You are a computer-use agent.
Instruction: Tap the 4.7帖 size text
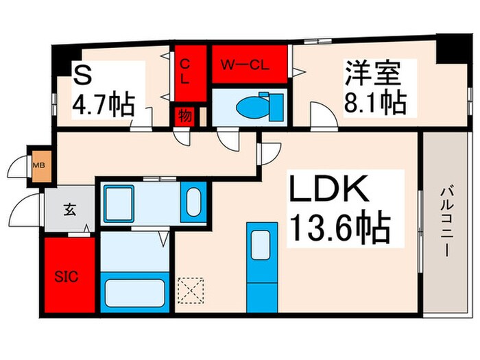[103, 106]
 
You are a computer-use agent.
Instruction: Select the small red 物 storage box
[185, 115]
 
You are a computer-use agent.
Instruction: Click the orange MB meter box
[38, 165]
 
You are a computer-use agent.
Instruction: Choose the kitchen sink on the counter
[261, 244]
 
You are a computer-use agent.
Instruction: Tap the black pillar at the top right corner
[452, 47]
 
